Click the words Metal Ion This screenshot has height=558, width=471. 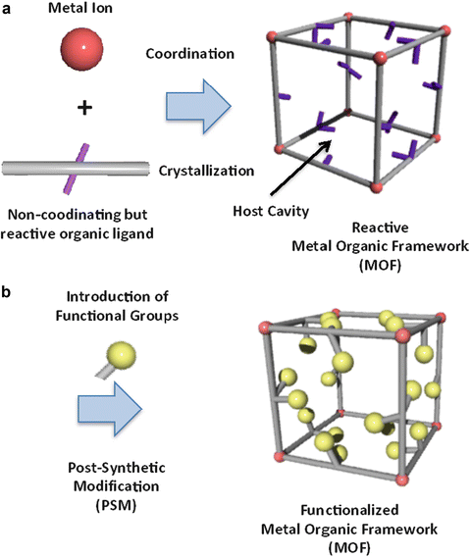[82, 10]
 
